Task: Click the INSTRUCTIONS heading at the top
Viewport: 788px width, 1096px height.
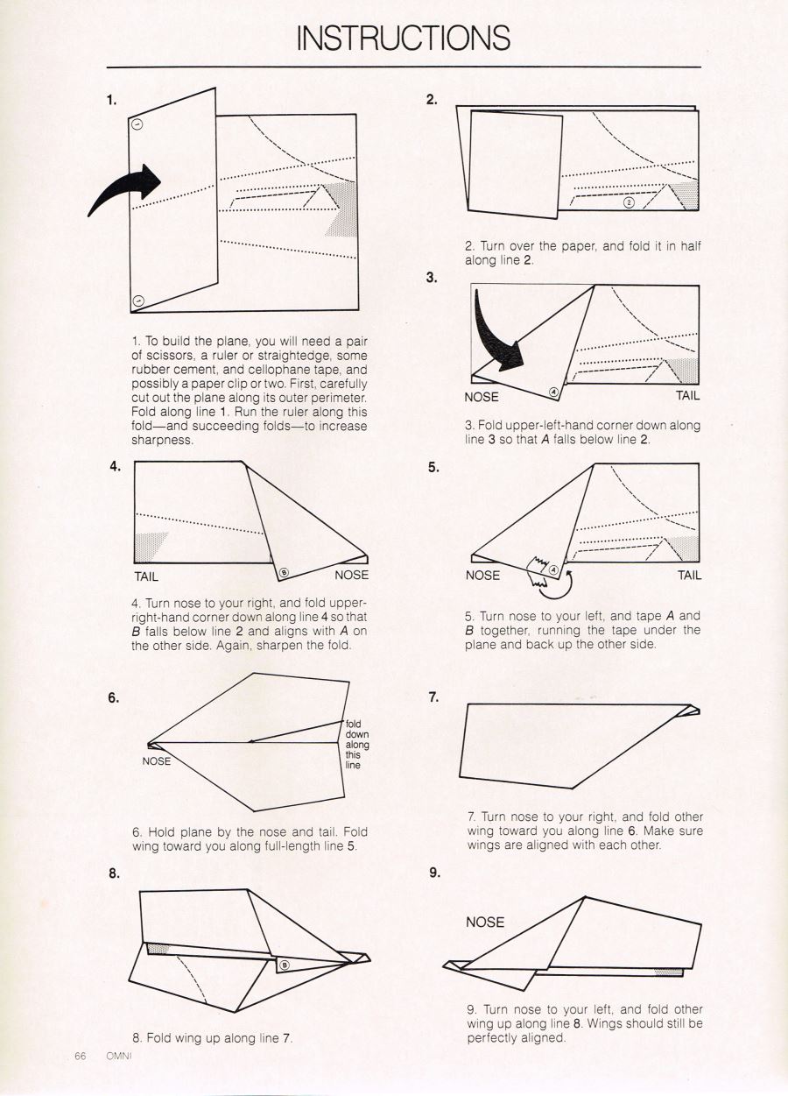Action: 404,38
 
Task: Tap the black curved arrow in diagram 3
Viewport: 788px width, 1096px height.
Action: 496,336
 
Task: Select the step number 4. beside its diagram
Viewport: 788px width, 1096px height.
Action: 116,466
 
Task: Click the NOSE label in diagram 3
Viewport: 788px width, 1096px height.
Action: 482,397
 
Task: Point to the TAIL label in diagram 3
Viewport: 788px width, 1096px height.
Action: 687,396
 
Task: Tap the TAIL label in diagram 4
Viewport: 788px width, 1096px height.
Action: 146,576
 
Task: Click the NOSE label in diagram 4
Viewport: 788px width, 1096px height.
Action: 351,576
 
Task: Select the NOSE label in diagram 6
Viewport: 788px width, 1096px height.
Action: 156,761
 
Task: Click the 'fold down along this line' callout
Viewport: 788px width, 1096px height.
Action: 356,744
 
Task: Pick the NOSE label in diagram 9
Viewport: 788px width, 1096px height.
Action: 485,922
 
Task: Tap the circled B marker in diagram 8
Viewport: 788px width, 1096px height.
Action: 284,965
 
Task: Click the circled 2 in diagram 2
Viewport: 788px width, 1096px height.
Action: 628,203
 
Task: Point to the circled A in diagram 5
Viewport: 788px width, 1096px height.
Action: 553,569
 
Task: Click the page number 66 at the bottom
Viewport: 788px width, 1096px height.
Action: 80,1056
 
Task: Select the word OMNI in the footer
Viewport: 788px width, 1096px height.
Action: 117,1056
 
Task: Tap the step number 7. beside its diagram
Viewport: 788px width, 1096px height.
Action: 433,697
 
